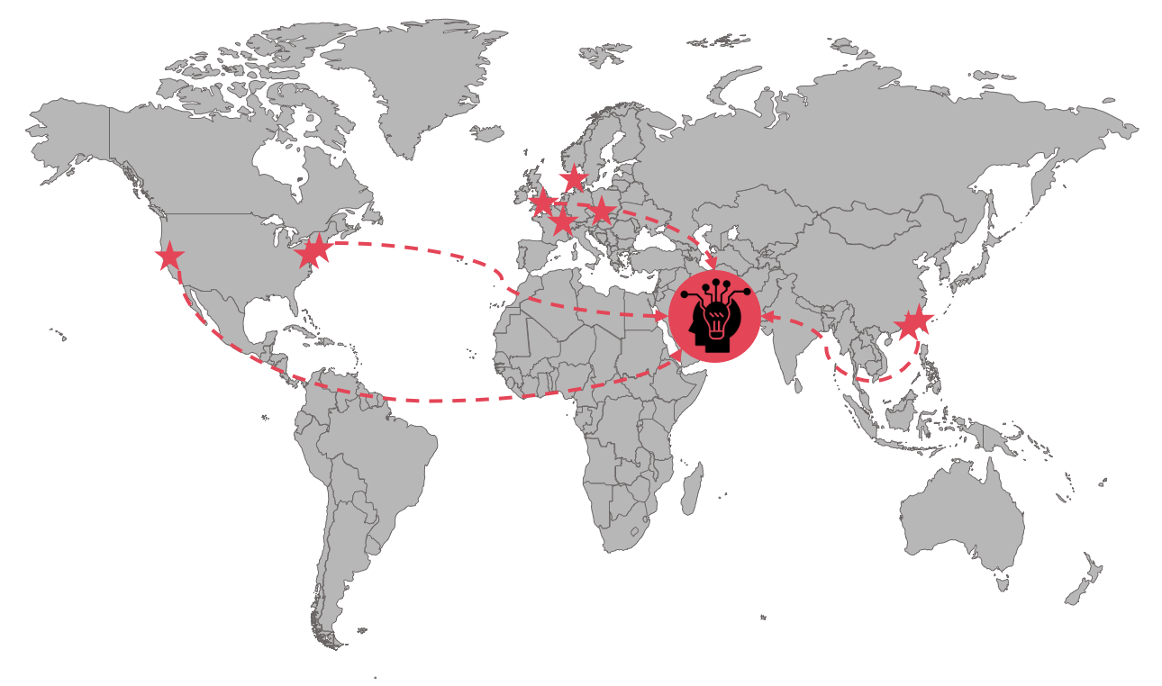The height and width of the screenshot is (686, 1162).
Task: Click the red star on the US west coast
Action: [169, 257]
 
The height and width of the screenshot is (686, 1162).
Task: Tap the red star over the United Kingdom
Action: [542, 203]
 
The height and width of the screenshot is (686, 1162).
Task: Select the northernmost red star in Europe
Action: [574, 178]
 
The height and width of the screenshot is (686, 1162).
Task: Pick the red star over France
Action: [563, 221]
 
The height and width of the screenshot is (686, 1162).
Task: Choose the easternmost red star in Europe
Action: [601, 212]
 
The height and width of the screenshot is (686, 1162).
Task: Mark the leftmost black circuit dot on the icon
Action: [685, 295]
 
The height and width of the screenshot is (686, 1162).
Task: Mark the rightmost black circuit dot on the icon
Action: [747, 293]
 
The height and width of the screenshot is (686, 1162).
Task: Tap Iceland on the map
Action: [487, 133]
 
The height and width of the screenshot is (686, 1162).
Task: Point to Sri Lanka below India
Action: [799, 384]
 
